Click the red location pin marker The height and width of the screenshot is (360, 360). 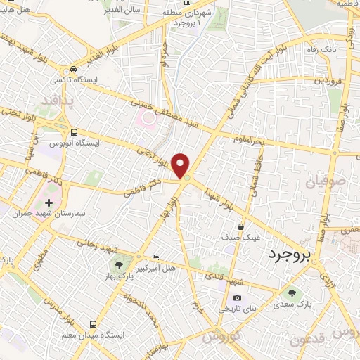pos(182,165)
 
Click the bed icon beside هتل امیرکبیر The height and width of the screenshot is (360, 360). pos(155,258)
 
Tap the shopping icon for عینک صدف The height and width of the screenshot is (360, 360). pos(241,226)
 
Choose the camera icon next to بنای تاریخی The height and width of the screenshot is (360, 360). pos(236,298)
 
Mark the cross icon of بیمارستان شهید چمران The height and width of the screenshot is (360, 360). pos(48,202)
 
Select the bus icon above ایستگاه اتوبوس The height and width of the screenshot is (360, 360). pos(75,131)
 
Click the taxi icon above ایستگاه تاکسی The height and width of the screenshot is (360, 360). pos(74,70)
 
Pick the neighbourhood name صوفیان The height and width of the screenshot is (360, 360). pos(324,183)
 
